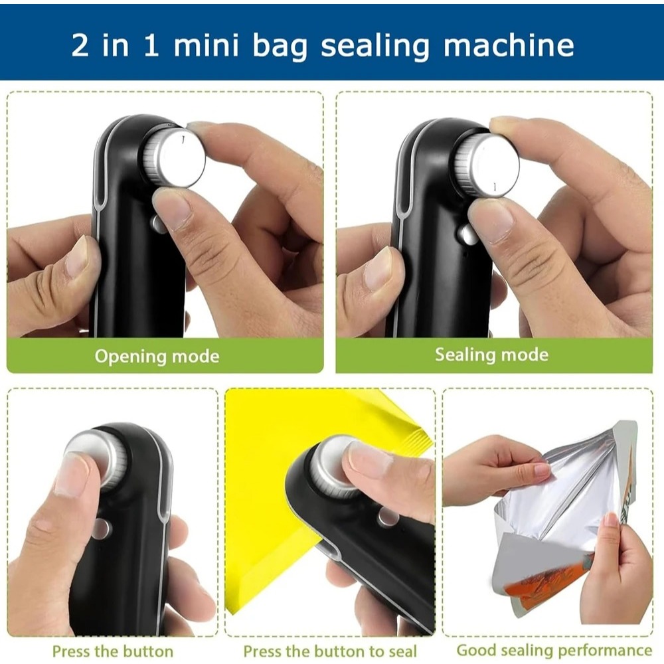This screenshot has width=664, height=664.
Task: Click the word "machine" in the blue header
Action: [x=508, y=45]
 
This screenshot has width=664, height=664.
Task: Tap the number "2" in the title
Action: [x=80, y=45]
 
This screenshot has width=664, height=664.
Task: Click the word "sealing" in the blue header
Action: [x=375, y=46]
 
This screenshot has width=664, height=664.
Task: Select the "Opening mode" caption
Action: [x=157, y=356]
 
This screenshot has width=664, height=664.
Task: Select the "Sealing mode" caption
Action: [x=491, y=355]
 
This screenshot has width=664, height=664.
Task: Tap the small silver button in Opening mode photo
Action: [x=158, y=224]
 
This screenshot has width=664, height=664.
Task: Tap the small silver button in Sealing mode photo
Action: [x=467, y=234]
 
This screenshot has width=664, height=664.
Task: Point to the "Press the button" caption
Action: [x=113, y=651]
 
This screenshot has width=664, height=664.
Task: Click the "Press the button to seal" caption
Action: [x=330, y=651]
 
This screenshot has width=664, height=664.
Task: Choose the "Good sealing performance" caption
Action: [x=554, y=650]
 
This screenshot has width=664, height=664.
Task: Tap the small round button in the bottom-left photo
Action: [x=101, y=528]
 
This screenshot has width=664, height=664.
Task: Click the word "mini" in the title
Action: [x=206, y=45]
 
